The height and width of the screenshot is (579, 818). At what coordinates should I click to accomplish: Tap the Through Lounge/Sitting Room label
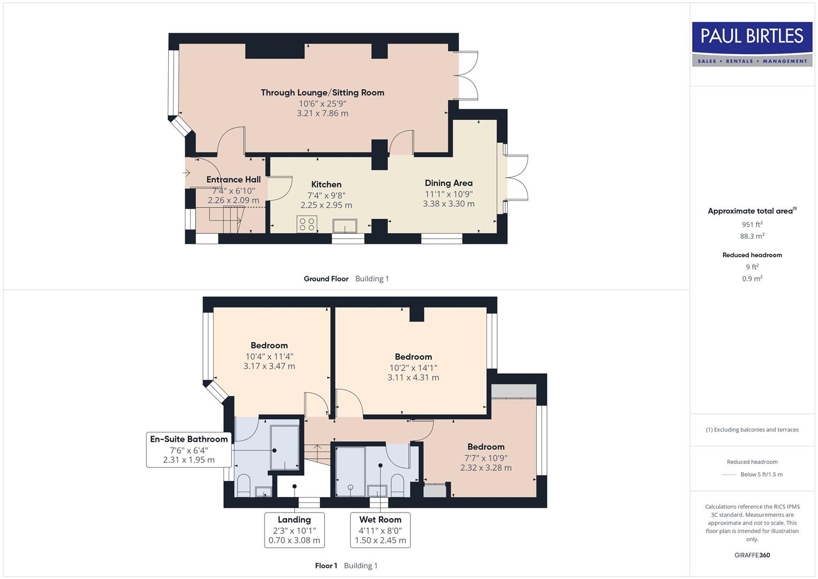click(x=322, y=92)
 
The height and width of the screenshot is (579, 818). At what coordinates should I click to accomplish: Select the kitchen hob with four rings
click(x=307, y=224)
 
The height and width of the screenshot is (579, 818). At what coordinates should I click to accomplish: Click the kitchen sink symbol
click(x=344, y=226)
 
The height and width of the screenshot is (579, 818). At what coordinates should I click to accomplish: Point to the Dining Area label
click(x=448, y=183)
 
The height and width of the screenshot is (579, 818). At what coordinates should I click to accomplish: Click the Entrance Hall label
click(x=234, y=180)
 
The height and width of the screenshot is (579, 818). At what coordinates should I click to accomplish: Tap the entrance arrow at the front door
click(x=186, y=173)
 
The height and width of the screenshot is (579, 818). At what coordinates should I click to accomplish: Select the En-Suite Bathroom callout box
click(x=189, y=449)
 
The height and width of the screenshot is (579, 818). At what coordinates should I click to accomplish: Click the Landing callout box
click(x=294, y=530)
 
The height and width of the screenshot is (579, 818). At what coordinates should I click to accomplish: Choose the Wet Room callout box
click(x=380, y=530)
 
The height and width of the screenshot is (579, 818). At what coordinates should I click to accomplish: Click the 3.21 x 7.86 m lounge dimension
click(x=322, y=114)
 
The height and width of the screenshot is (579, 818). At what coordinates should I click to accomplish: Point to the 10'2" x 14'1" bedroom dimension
click(x=413, y=368)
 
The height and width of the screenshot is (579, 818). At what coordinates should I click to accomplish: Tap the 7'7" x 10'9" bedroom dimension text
click(x=486, y=458)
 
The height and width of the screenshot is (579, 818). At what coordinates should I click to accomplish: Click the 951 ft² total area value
click(x=752, y=225)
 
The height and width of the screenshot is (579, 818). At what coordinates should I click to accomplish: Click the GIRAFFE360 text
click(x=752, y=555)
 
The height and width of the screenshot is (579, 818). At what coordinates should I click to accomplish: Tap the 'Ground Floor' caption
click(x=326, y=279)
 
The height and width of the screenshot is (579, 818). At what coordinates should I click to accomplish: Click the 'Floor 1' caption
click(x=326, y=566)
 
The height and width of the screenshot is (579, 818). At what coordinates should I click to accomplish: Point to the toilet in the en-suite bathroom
click(x=244, y=485)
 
